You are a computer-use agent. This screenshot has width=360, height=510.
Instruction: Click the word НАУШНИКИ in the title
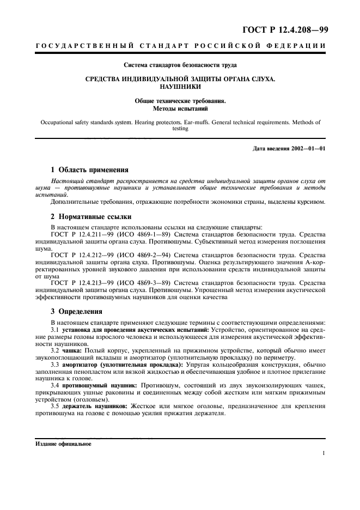[x=180, y=87]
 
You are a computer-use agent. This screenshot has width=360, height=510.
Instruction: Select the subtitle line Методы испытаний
[x=180, y=108]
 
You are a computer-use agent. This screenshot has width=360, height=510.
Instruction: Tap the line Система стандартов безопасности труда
[x=180, y=65]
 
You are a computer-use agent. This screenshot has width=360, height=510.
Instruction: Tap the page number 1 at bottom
[x=324, y=453]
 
